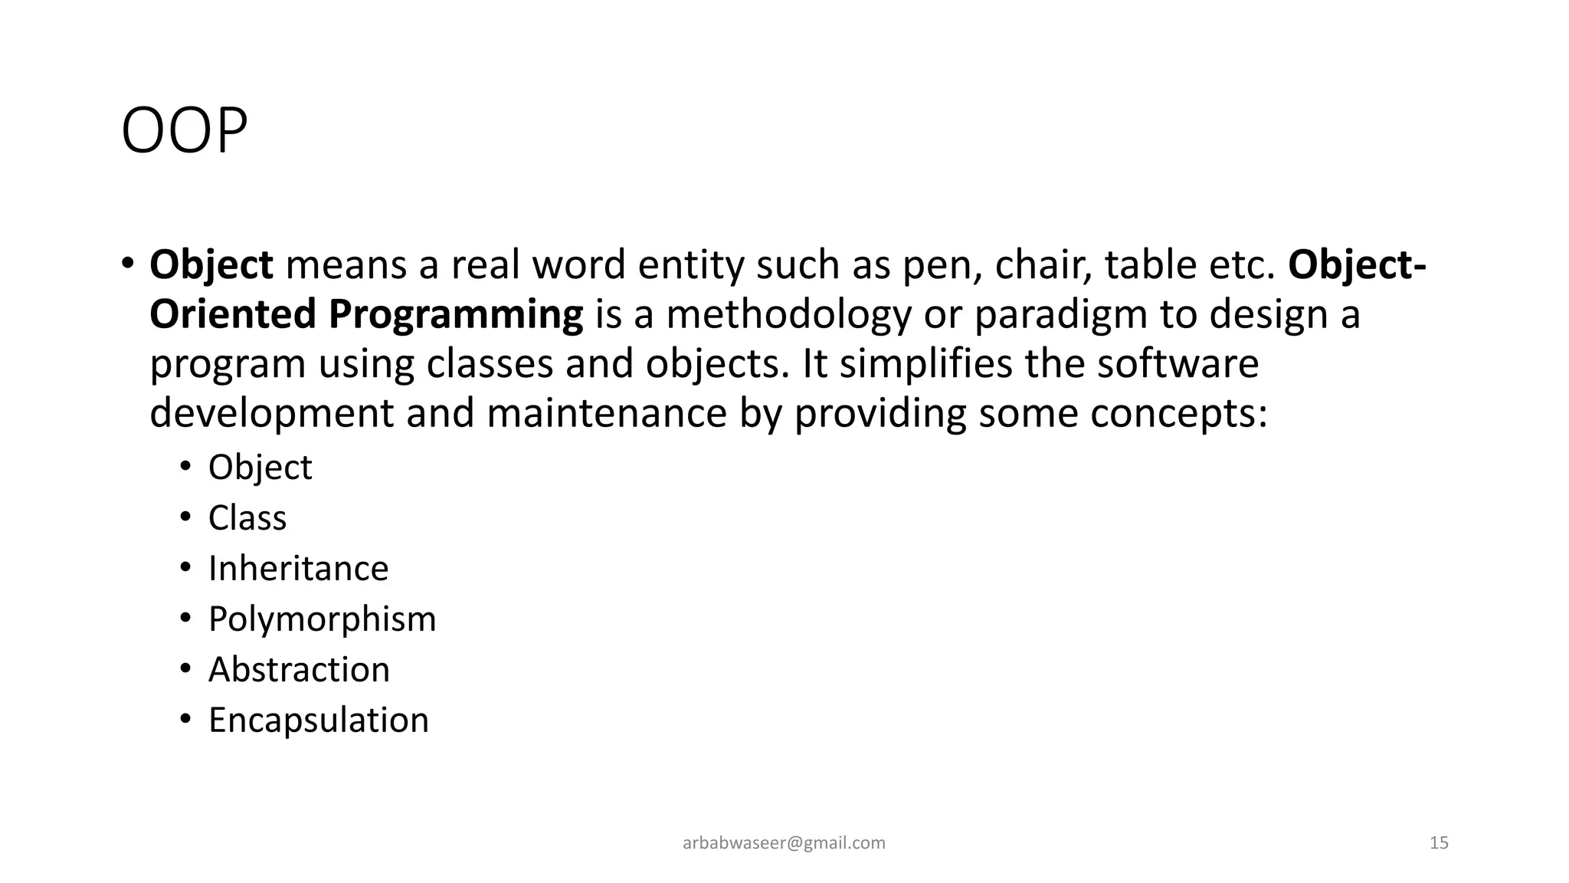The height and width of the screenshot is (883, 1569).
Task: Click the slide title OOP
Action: (x=185, y=131)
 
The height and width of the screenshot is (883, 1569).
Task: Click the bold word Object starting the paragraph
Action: (x=211, y=264)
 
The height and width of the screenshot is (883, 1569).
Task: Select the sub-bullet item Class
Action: (x=247, y=518)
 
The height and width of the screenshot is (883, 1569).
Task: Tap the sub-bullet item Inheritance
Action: (x=298, y=569)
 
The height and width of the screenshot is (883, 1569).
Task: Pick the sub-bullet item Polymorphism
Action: (x=322, y=619)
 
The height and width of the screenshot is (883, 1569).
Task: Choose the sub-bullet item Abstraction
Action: (x=299, y=670)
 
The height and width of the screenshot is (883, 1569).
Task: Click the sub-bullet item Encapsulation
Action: (x=318, y=721)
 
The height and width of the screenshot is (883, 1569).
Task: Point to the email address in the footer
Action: (x=784, y=843)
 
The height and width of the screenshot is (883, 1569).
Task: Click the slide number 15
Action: (x=1439, y=843)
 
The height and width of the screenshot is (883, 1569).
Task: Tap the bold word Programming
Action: (x=456, y=314)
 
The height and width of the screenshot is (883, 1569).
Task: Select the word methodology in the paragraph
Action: (x=789, y=314)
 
